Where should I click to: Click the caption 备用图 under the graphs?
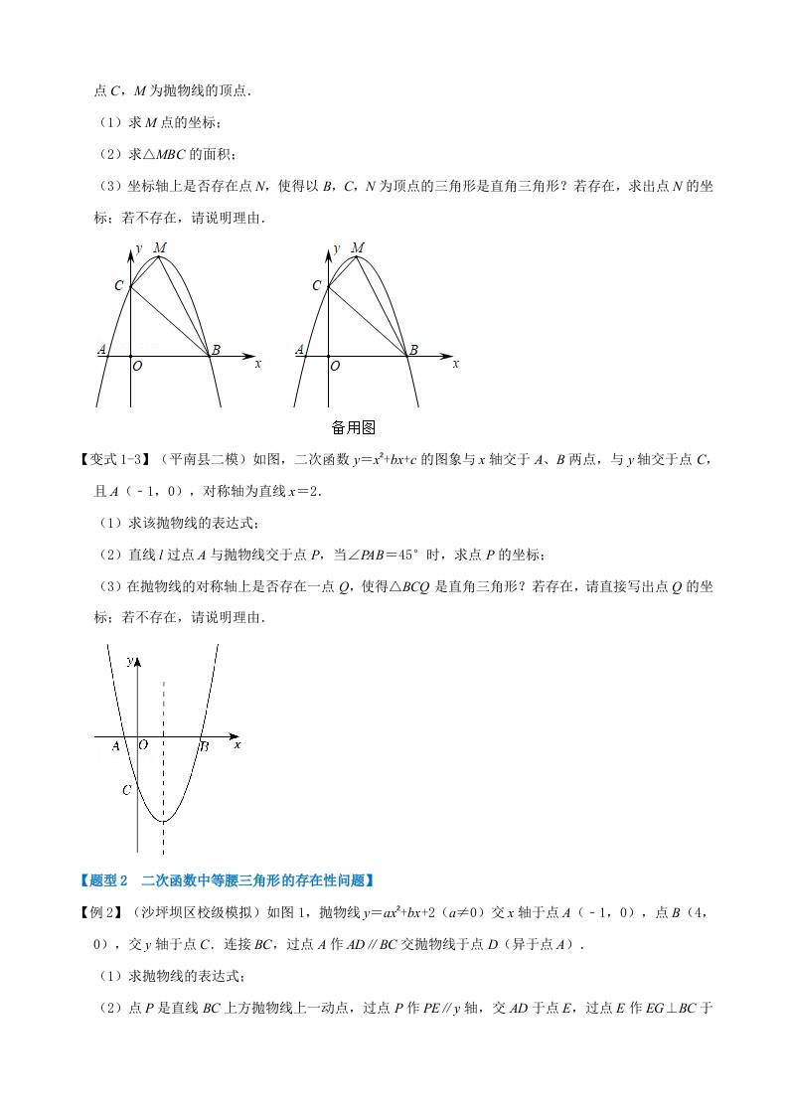[353, 427]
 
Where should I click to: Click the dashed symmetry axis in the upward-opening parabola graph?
[164, 735]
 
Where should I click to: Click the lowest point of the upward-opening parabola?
[164, 821]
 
